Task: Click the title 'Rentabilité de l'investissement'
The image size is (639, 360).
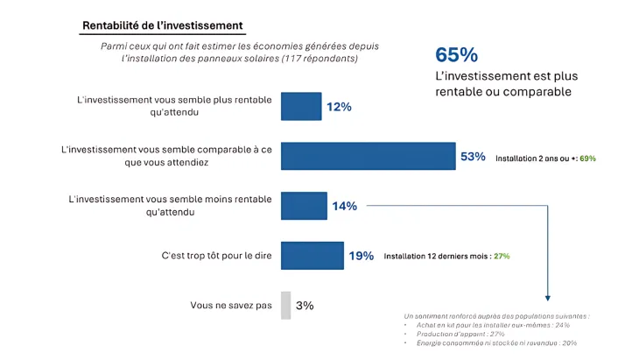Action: click(162, 25)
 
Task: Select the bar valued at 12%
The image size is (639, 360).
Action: click(300, 106)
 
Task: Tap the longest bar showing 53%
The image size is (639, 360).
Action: click(368, 156)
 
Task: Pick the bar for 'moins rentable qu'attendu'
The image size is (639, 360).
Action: click(303, 206)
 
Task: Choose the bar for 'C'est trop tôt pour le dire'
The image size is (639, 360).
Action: click(312, 256)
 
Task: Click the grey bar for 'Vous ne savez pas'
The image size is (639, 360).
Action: click(285, 306)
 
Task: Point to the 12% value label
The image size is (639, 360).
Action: click(339, 107)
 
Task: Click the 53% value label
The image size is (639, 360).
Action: click(473, 157)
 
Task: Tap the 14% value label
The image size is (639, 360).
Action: click(344, 207)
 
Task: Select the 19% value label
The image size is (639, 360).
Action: click(362, 257)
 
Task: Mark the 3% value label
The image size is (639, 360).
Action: click(305, 306)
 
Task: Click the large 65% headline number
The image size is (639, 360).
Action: click(456, 54)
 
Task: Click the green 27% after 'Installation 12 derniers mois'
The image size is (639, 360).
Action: click(502, 257)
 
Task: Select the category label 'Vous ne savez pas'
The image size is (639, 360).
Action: click(230, 306)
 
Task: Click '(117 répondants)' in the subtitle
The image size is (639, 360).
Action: click(319, 60)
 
